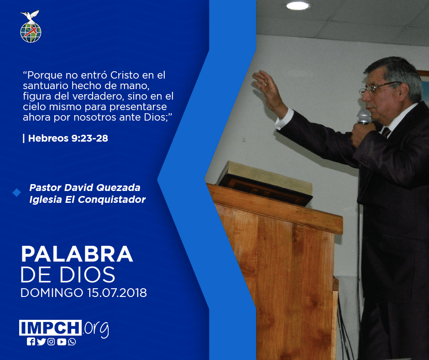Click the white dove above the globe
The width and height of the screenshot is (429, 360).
point(30,16)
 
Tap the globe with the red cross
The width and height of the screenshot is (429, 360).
point(31,32)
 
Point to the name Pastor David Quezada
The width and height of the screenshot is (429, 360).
point(85,188)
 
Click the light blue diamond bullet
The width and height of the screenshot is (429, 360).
point(17,192)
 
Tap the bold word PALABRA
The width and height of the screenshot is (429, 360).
point(77,254)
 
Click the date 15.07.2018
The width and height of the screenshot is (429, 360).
point(117,293)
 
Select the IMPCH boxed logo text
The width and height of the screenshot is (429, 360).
point(50,328)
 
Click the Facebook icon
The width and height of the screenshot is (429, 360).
point(31,342)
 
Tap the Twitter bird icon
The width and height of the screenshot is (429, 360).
point(41,342)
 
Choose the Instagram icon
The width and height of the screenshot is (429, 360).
point(51,342)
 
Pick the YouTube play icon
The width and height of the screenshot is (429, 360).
point(62,342)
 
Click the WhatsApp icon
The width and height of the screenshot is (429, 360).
point(72,342)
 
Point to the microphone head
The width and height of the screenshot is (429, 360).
point(364,116)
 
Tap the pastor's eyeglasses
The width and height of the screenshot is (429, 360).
point(379,88)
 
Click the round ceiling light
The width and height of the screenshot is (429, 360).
point(298,5)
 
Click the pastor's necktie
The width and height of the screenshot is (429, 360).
point(386,132)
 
